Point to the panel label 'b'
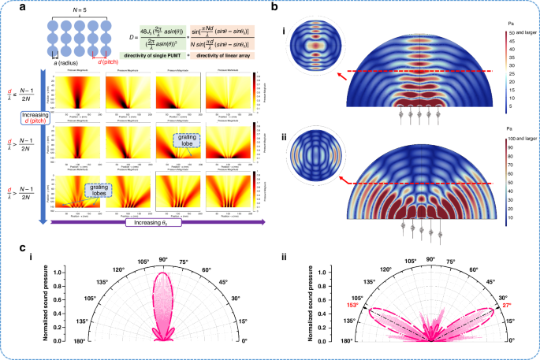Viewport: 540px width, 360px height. point(274,7)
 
